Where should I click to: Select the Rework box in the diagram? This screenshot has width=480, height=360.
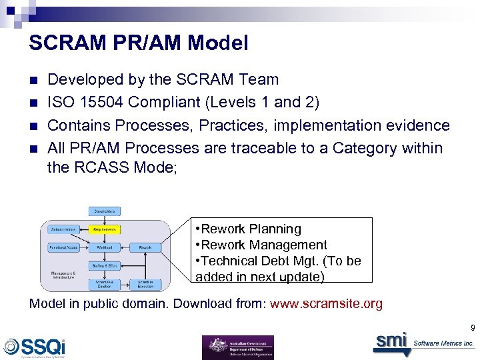pyautogui.click(x=145, y=247)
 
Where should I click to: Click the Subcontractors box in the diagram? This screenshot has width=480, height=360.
pyautogui.click(x=63, y=229)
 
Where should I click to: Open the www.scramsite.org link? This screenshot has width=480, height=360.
pyautogui.click(x=325, y=304)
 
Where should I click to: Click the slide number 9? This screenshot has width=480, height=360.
pyautogui.click(x=472, y=328)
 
